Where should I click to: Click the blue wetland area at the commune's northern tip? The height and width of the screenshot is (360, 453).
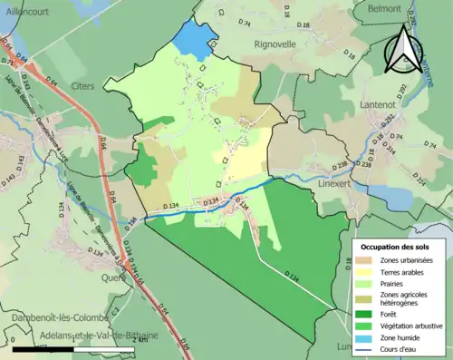192,41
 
